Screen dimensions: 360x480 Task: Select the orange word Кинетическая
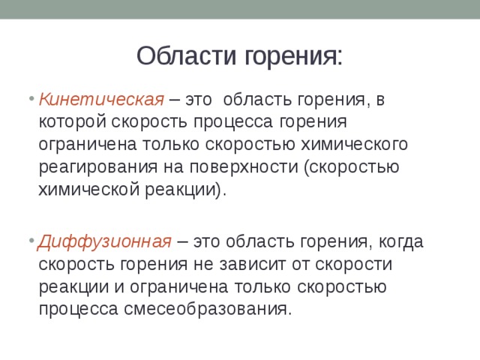click(x=101, y=100)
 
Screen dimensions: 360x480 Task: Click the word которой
click(x=73, y=122)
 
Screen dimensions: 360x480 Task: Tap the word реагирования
click(x=94, y=167)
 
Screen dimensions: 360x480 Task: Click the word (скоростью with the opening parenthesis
click(x=345, y=167)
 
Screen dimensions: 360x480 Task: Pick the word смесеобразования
click(x=206, y=309)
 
